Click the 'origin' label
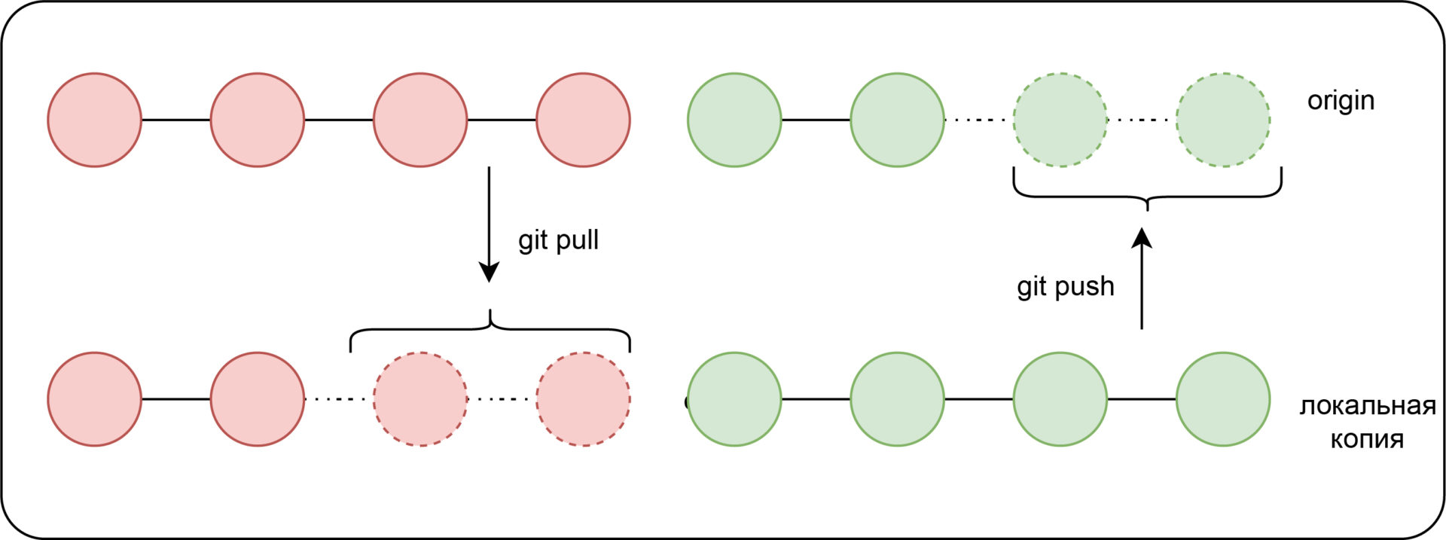pyautogui.click(x=1341, y=100)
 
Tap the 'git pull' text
pyautogui.click(x=558, y=240)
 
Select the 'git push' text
pyautogui.click(x=1065, y=286)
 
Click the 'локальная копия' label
pyautogui.click(x=1367, y=423)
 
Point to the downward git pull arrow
pyautogui.click(x=489, y=224)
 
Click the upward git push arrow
pyautogui.click(x=1142, y=279)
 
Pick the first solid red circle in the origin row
pyautogui.click(x=95, y=120)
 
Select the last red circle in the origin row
pyautogui.click(x=583, y=120)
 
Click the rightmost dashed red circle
pyautogui.click(x=583, y=399)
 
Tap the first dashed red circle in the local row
pyautogui.click(x=420, y=399)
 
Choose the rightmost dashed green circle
pyautogui.click(x=1223, y=120)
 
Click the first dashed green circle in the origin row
pyautogui.click(x=1060, y=120)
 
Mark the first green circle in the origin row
pyautogui.click(x=734, y=120)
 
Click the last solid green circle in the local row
pyautogui.click(x=1223, y=399)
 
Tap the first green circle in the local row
pyautogui.click(x=734, y=399)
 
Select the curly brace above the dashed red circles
pyautogui.click(x=490, y=329)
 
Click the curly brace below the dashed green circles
pyautogui.click(x=1147, y=197)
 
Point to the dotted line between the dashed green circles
pyautogui.click(x=1142, y=120)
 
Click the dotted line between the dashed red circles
pyautogui.click(x=502, y=399)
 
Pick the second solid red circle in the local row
pyautogui.click(x=258, y=399)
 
